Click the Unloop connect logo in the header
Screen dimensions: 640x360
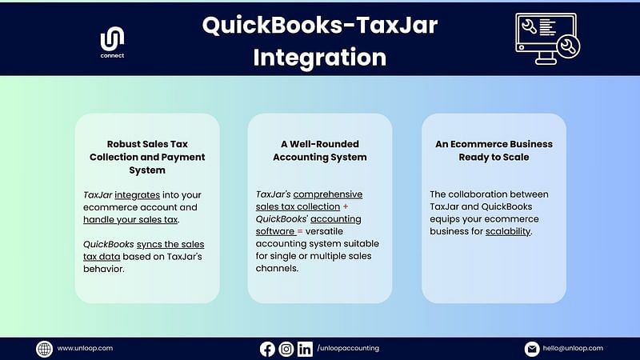112,42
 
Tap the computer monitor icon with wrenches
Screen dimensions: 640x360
547,38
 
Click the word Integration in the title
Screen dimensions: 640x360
319,57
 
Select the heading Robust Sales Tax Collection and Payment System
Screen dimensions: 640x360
147,157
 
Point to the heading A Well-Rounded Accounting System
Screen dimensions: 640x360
319,150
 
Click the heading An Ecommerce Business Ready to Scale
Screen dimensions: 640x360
494,150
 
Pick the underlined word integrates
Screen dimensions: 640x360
137,195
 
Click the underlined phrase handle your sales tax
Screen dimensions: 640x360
130,219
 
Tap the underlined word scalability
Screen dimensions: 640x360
508,231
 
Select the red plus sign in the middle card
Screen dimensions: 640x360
346,207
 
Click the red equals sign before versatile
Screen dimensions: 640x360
300,231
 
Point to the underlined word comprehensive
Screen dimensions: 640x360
328,194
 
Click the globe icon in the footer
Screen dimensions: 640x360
44,349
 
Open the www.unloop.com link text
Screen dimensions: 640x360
85,348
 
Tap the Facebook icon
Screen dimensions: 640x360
267,349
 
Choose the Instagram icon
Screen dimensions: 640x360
286,349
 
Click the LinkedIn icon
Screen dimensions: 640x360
305,349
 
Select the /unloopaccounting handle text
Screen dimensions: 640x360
348,348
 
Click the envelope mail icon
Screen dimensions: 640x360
532,349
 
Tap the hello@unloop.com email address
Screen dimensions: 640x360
573,348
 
